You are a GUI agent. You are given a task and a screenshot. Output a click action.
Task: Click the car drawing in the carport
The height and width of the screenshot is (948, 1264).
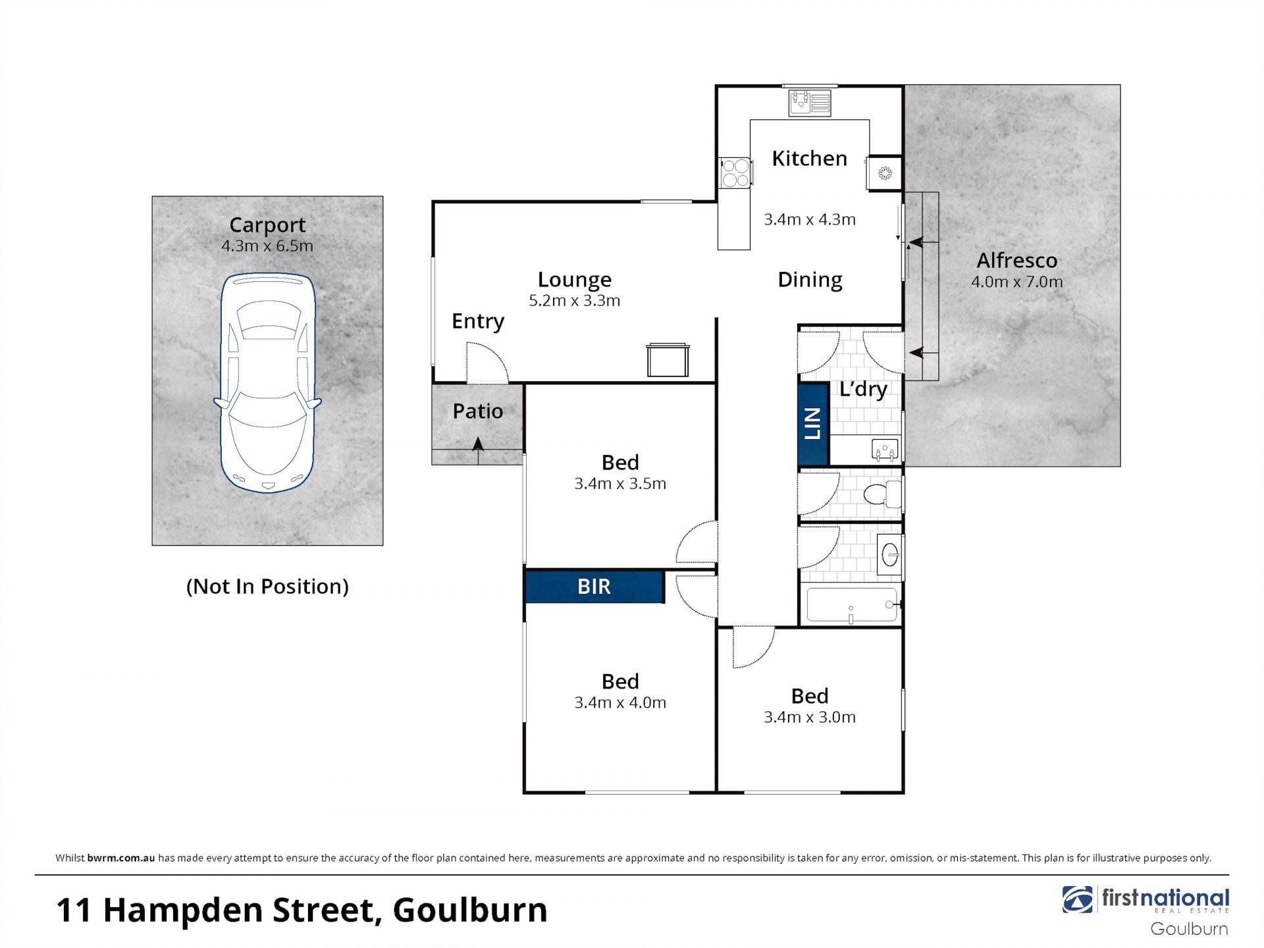pos(267,382)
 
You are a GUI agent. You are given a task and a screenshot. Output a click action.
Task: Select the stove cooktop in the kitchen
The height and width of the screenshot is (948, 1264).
pos(735,172)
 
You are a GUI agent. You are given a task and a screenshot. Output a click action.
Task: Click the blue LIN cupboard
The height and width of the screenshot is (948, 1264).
pos(812,424)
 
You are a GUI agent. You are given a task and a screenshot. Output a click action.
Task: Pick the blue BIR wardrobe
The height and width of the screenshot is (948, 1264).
pos(594,587)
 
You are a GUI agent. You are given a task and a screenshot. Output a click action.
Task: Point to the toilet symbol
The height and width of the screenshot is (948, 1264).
pos(882,494)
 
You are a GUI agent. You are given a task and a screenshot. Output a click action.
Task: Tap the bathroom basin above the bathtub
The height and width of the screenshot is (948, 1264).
pos(889,555)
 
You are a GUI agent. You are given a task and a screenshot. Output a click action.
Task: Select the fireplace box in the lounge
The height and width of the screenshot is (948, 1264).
pos(668,360)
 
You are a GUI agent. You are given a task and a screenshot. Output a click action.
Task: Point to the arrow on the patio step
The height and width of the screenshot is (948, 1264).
pos(478,450)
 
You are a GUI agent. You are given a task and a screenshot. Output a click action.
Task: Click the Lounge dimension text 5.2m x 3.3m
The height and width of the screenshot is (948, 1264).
pos(575,301)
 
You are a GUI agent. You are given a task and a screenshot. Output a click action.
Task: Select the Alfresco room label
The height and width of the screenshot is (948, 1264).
pos(1016,261)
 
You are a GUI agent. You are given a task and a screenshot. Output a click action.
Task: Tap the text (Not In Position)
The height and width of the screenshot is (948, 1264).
pos(267,587)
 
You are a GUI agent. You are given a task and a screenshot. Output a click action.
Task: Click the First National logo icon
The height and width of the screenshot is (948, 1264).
pos(1077,900)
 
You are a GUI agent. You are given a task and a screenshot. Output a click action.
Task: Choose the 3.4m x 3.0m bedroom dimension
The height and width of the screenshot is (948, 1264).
pos(810,718)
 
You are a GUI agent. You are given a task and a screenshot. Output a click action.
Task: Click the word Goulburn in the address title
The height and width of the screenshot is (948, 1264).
pos(470,910)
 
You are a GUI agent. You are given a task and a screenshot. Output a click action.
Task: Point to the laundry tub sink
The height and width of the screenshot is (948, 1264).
pos(885,450)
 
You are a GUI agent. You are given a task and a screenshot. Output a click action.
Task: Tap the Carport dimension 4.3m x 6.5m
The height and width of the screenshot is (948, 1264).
pos(267,246)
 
